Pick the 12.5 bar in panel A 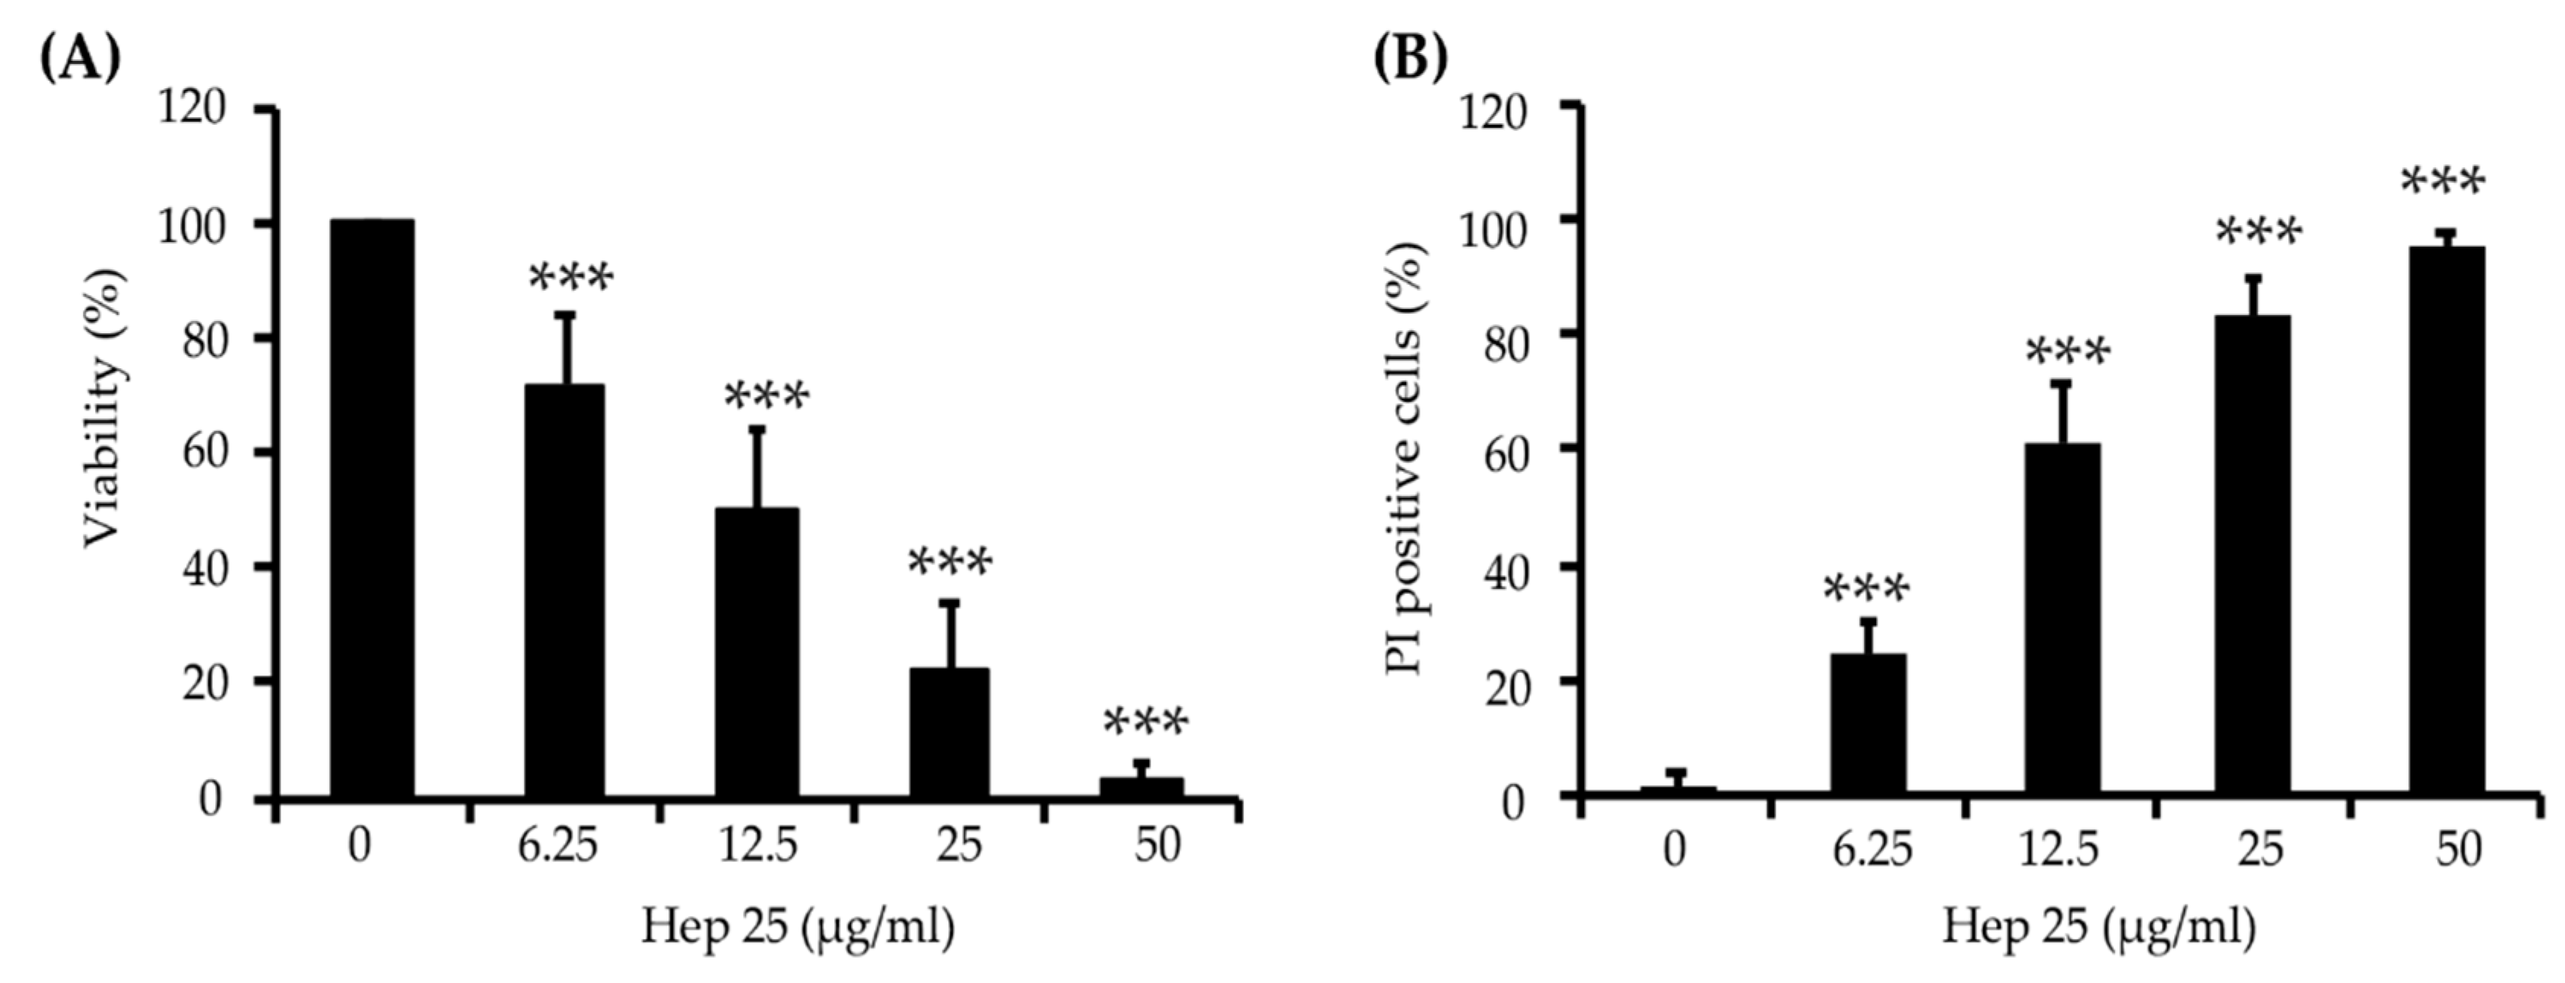(757, 652)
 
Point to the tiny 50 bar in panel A (1142, 787)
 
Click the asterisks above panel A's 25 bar (950, 563)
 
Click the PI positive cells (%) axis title (1407, 458)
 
